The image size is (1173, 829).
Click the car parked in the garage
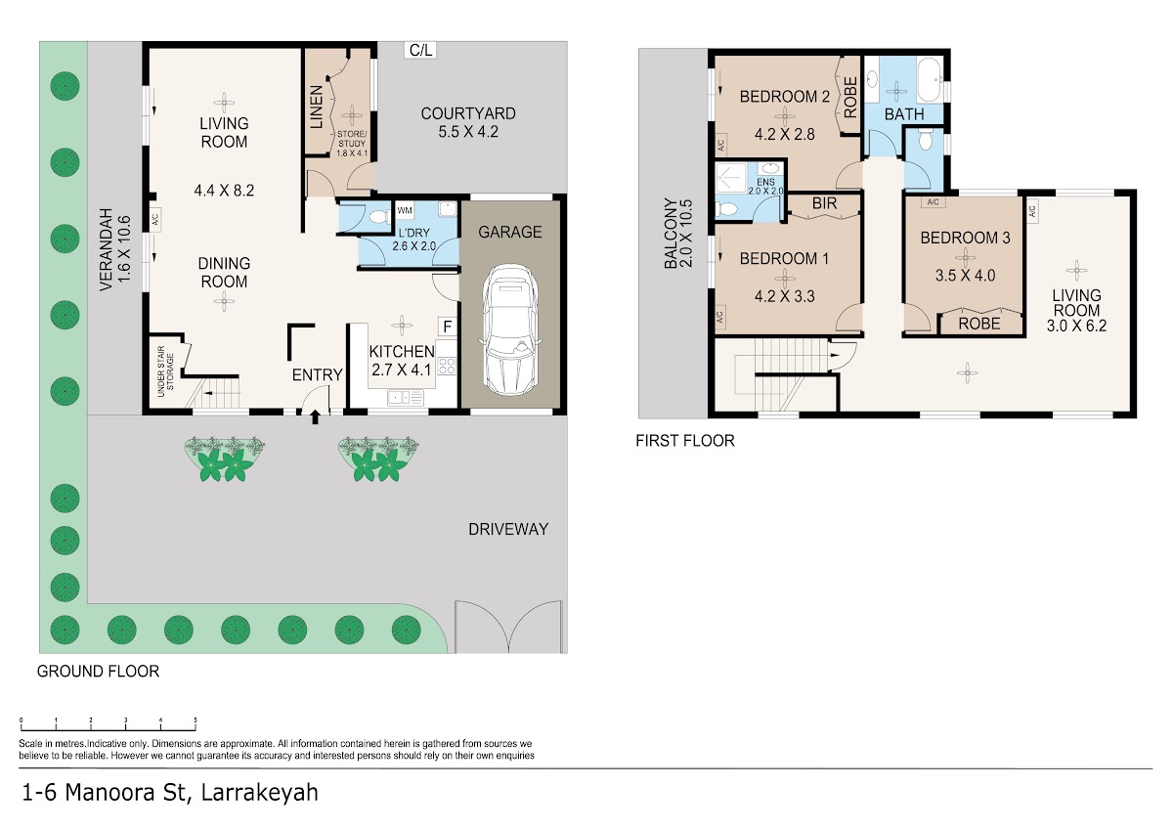[x=510, y=330]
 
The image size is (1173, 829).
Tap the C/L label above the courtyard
[x=420, y=50]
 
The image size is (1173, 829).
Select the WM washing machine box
[x=405, y=210]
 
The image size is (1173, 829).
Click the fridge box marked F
[x=448, y=327]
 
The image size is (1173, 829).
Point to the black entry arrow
[x=315, y=416]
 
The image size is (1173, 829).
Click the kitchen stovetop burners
[x=447, y=366]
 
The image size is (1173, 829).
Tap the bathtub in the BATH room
[x=930, y=80]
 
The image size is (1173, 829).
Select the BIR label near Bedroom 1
[x=824, y=203]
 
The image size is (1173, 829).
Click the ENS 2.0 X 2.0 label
[x=765, y=187]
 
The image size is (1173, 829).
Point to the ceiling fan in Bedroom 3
[x=965, y=257]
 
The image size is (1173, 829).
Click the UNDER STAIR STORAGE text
[x=165, y=371]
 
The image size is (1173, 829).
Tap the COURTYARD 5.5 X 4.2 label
[x=468, y=122]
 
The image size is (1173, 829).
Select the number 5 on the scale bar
[x=195, y=720]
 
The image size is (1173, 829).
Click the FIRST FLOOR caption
[x=685, y=441]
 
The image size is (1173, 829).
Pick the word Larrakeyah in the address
[x=260, y=793]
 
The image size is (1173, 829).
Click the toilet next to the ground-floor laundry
[x=378, y=216]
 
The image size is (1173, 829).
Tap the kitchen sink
[x=406, y=398]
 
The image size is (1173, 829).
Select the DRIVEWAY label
[x=508, y=530]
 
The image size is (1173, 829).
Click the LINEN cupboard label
[x=317, y=108]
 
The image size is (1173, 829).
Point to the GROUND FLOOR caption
[x=98, y=672]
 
